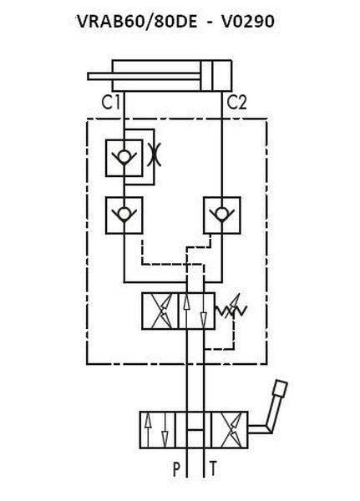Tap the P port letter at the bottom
[x=176, y=469]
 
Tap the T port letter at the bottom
[x=213, y=469]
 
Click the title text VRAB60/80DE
[x=137, y=22]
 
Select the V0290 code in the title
[x=248, y=22]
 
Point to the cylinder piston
[x=206, y=76]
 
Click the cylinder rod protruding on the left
[x=144, y=76]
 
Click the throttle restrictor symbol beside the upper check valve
[x=155, y=154]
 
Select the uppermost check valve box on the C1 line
[x=124, y=158]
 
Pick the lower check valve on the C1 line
[x=124, y=215]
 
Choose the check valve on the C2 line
[x=222, y=215]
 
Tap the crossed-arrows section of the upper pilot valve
[x=160, y=311]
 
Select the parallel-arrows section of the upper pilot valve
[x=196, y=311]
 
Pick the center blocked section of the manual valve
[x=194, y=430]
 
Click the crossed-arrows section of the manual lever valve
[x=230, y=430]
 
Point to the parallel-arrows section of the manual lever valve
[x=158, y=430]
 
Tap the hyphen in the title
[x=209, y=23]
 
